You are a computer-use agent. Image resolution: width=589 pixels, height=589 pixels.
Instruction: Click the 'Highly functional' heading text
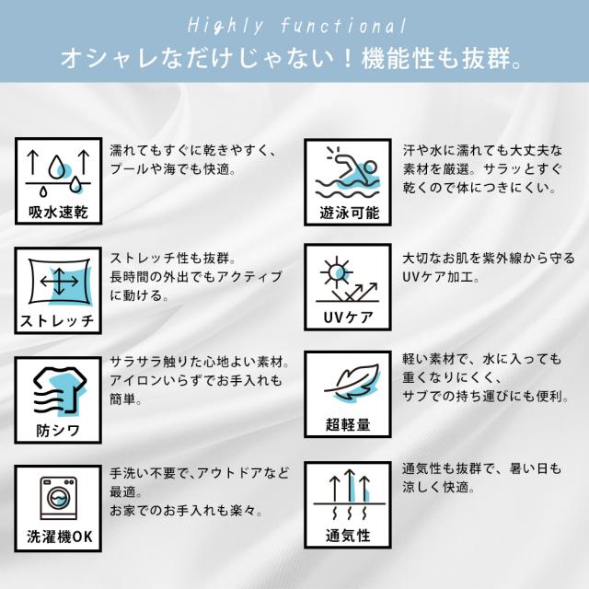tap(294, 26)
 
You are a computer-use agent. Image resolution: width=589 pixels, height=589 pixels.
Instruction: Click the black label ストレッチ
tap(56, 321)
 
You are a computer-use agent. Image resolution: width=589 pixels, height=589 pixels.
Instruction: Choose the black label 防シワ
tap(56, 430)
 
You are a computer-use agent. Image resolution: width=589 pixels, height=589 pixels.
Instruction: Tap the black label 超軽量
tap(349, 425)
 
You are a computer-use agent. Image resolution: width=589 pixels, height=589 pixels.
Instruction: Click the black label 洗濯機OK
tap(56, 536)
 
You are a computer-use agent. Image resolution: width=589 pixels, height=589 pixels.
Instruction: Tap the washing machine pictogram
tap(56, 498)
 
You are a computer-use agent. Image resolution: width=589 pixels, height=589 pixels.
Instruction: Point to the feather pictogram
tap(347, 385)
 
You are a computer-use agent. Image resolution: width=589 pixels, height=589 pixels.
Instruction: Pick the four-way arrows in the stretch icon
tap(56, 280)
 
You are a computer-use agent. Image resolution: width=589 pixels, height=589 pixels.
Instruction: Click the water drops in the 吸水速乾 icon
tap(56, 167)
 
